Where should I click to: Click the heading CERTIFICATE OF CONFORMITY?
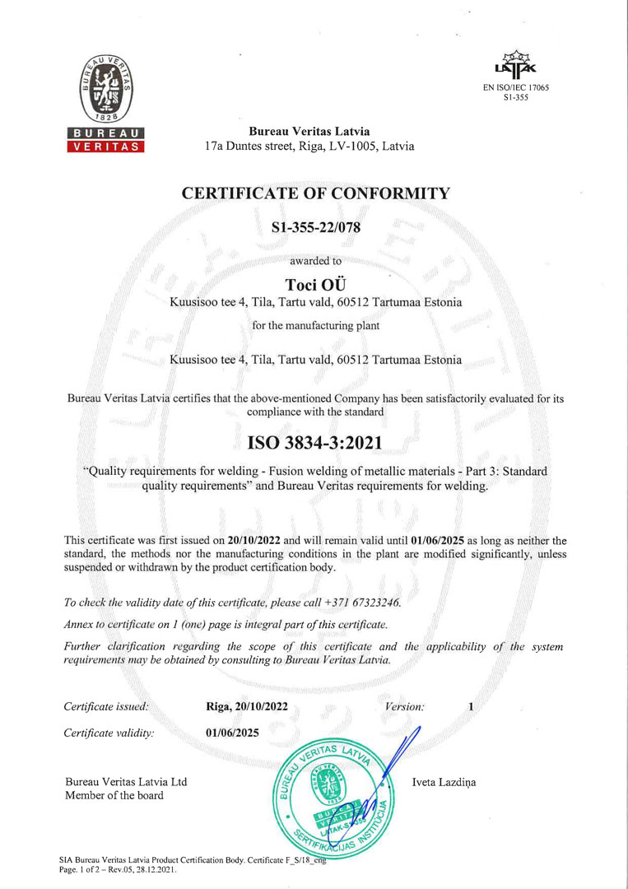tap(316, 193)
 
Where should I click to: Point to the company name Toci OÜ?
tap(315, 284)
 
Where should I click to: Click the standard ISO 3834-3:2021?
tap(315, 442)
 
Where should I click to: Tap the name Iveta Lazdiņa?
tap(444, 782)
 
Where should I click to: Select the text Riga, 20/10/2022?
tap(247, 706)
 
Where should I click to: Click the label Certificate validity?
tap(109, 733)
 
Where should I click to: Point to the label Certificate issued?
tap(106, 706)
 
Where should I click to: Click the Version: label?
tap(404, 706)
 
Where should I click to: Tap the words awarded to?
tap(316, 261)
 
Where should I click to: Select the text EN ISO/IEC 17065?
tap(515, 86)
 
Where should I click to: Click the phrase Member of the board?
tap(114, 795)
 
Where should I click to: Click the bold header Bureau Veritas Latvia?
tap(309, 132)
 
